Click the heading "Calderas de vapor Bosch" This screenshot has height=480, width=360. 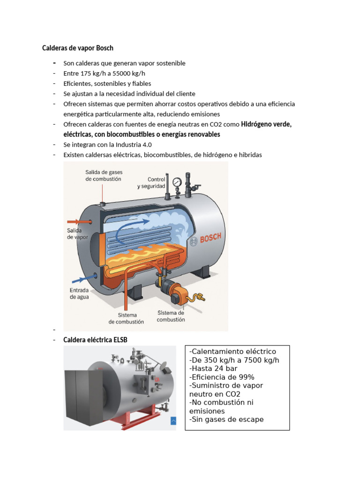pyautogui.click(x=77, y=48)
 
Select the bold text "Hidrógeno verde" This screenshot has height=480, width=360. pyautogui.click(x=266, y=124)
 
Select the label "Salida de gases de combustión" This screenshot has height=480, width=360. pyautogui.click(x=104, y=175)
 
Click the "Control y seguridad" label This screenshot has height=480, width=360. pyautogui.click(x=151, y=183)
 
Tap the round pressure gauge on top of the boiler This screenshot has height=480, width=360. pyautogui.click(x=177, y=182)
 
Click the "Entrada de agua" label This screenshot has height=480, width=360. pyautogui.click(x=79, y=293)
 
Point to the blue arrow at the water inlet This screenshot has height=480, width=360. pyautogui.click(x=84, y=279)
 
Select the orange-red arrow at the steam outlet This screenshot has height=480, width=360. pyautogui.click(x=79, y=221)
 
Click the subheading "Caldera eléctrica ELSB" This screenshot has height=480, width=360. pyautogui.click(x=95, y=339)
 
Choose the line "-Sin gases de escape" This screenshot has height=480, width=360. pyautogui.click(x=226, y=419)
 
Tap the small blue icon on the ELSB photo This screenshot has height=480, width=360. pyautogui.click(x=173, y=420)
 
